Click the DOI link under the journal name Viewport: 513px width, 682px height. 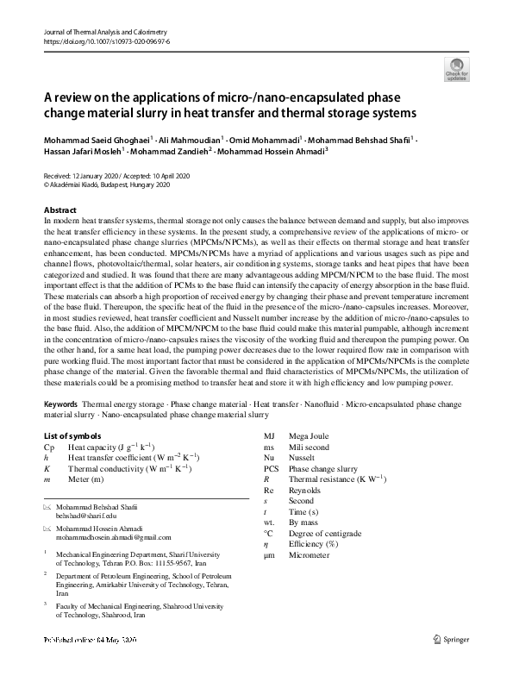(99, 41)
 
